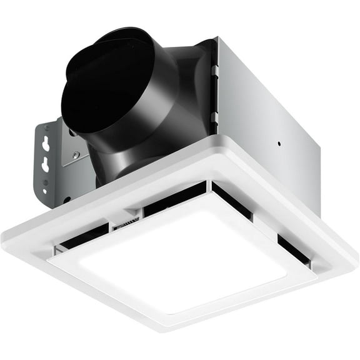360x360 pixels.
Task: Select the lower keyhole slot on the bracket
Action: (46, 165)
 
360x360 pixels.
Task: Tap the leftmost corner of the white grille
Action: (5, 237)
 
